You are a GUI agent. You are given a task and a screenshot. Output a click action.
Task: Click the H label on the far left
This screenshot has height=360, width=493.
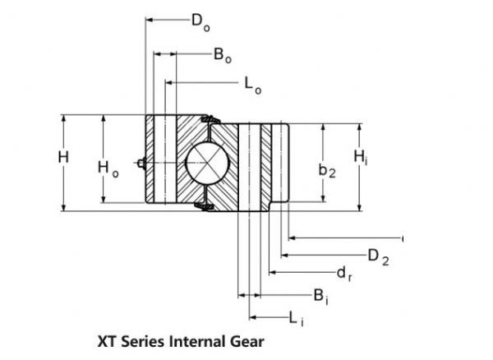pos(63,157)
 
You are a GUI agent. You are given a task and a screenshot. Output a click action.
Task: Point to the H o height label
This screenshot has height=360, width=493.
pos(108,168)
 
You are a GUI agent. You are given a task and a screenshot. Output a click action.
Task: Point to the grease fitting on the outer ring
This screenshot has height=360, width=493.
pos(142,164)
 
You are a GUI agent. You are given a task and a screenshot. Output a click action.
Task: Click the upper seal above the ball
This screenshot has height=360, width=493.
pos(208,121)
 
